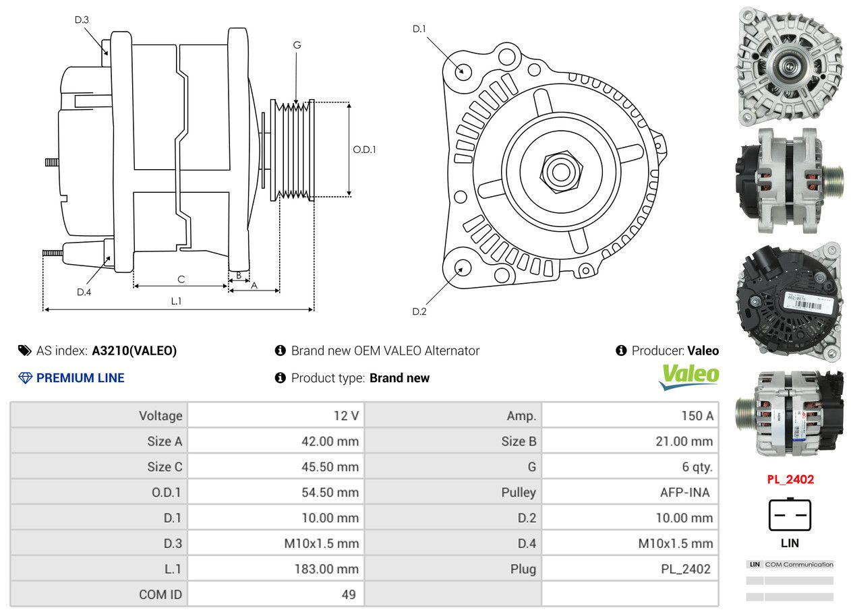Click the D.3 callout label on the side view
coord(82,20)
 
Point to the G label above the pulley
coord(297,45)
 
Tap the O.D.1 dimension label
coord(364,150)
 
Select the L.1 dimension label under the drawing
coord(176,301)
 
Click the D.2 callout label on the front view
coord(419,311)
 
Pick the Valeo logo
coord(688,376)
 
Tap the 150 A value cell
coord(697,416)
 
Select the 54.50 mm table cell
coord(330,493)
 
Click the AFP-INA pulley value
coord(684,493)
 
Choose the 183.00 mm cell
coord(326,569)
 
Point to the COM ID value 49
coord(349,594)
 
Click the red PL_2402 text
coord(790,480)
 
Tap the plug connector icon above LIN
coord(790,515)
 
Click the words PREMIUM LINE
coord(80,378)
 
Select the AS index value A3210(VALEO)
coord(134,350)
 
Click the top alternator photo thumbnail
coord(789,65)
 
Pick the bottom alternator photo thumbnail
coord(789,412)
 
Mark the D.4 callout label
coord(84,292)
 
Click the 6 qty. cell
coord(697,467)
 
